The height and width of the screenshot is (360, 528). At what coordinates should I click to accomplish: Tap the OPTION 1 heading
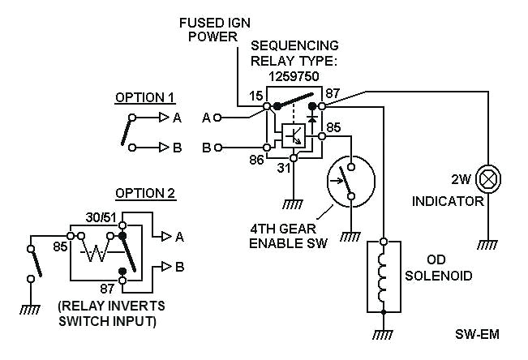[144, 97]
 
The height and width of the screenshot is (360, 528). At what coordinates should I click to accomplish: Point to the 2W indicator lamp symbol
[489, 178]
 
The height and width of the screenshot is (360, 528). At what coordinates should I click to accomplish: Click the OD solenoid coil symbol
[384, 276]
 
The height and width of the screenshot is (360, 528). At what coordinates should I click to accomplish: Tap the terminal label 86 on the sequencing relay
[256, 161]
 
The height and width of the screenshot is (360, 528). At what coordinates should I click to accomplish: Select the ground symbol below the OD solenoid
[384, 332]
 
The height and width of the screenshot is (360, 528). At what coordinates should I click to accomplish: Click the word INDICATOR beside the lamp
[448, 200]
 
